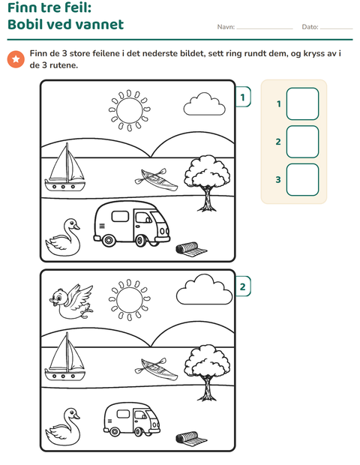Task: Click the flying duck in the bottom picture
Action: [71, 302]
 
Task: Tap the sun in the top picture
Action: [129, 110]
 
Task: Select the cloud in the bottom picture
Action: [204, 289]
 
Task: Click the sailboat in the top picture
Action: [65, 168]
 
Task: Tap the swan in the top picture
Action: [63, 238]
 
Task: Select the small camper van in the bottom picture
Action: [132, 418]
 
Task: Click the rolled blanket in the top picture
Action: [191, 248]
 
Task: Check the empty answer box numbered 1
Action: [302, 103]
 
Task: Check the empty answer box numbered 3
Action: [302, 180]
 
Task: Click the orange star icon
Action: [16, 59]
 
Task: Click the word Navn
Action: [226, 27]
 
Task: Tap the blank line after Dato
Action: [336, 28]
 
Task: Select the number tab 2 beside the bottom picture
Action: [243, 286]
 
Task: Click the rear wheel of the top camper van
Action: [108, 239]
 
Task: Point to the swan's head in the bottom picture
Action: [72, 413]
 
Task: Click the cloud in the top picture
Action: [204, 104]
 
